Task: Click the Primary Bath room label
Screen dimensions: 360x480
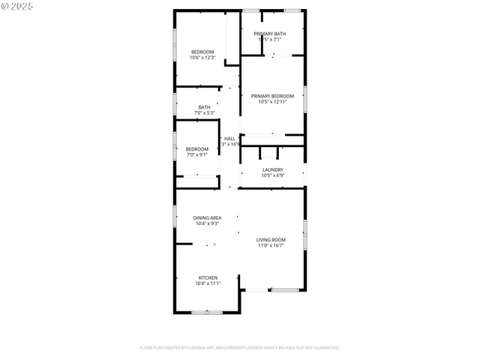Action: coord(269,34)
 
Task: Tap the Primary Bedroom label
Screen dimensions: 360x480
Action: coord(272,96)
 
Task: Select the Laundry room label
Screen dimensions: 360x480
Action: coord(272,169)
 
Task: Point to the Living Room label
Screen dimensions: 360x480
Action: coord(271,239)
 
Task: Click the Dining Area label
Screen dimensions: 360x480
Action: coord(207,218)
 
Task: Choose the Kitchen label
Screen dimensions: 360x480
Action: coord(208,277)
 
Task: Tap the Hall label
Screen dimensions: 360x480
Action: coord(229,139)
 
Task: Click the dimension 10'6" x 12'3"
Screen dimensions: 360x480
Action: coord(202,58)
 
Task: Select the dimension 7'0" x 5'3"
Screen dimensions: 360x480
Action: coord(204,113)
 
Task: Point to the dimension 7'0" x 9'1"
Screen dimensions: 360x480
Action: coord(197,155)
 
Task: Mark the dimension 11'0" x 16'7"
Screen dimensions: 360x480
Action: coord(271,245)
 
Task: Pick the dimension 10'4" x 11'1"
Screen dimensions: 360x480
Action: coord(208,283)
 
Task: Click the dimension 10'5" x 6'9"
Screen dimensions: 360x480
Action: coord(272,175)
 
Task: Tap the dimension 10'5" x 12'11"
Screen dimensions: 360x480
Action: coord(272,102)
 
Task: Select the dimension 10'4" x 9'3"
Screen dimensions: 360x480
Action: coord(207,224)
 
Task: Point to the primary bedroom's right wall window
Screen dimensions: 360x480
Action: coord(305,99)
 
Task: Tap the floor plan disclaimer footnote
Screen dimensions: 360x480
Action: coord(239,348)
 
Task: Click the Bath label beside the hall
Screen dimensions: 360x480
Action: coord(204,107)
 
